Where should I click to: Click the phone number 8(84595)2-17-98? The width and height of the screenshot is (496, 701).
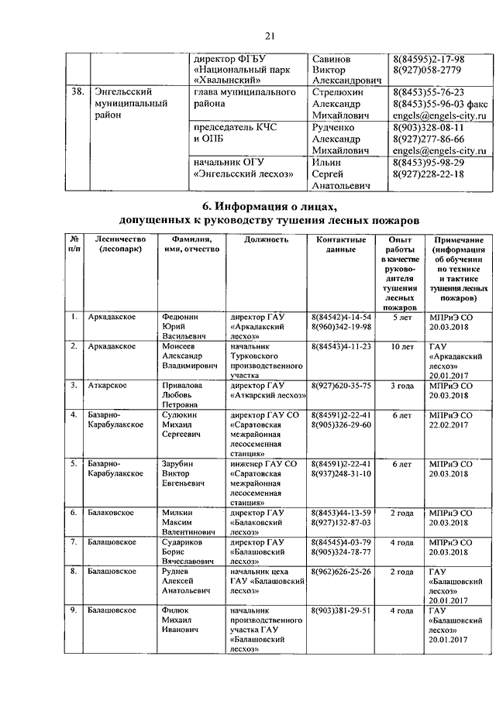click(429, 60)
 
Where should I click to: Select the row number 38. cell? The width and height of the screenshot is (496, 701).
click(76, 92)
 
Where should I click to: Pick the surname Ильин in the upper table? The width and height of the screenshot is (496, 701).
click(326, 162)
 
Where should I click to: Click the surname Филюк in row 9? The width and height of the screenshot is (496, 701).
click(177, 611)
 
